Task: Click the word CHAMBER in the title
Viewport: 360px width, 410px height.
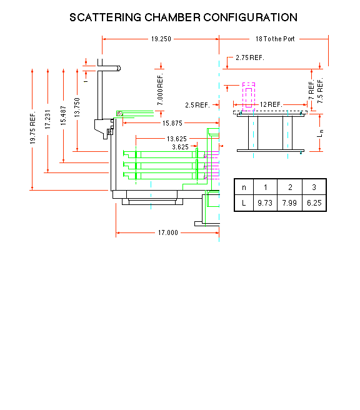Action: point(172,17)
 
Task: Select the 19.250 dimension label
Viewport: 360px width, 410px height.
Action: point(161,39)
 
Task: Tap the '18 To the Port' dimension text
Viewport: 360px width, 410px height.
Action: point(275,39)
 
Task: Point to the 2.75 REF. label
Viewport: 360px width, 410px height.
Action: point(250,57)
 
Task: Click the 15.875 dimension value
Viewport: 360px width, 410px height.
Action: point(172,123)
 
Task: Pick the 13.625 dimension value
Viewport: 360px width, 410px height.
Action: point(177,139)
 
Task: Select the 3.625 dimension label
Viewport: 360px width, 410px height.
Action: point(180,147)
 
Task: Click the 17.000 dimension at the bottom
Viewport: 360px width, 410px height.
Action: point(168,232)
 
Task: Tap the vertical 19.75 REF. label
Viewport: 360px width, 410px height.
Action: point(32,128)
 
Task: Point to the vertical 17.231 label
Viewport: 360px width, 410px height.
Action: point(47,119)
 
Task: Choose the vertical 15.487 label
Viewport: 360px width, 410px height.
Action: point(63,115)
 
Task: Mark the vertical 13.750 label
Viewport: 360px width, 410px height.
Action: point(77,107)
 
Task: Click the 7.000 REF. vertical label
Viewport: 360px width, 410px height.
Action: point(160,89)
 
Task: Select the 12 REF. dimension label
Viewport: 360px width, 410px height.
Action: point(271,104)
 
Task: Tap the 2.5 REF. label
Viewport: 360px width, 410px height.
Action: point(197,105)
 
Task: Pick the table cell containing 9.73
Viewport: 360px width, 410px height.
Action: point(265,202)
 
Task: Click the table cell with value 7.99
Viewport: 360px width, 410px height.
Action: point(289,202)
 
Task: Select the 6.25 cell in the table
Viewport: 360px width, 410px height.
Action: point(314,202)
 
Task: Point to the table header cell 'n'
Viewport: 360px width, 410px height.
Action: point(244,187)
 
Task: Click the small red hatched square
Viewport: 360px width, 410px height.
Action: point(119,114)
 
